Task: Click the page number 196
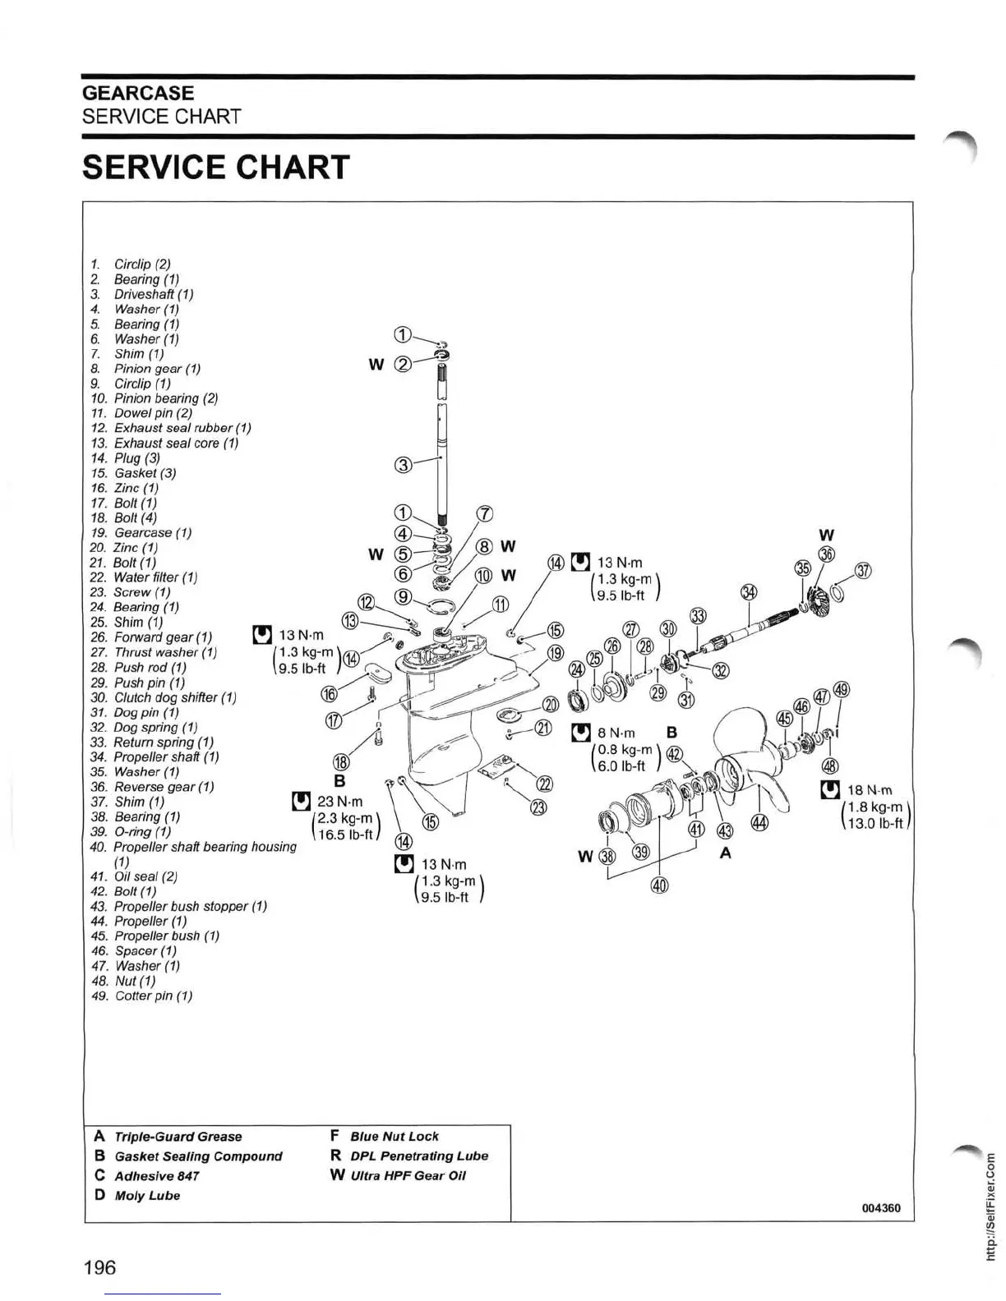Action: point(99,1267)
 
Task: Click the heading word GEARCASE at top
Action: point(138,93)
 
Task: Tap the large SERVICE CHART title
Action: point(216,168)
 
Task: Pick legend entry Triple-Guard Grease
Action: point(178,1137)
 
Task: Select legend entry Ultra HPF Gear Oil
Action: point(408,1175)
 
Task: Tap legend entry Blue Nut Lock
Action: point(394,1136)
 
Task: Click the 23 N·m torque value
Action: point(339,801)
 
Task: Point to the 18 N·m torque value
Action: point(870,790)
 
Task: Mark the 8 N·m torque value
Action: point(616,732)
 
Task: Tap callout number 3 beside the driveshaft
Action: point(403,465)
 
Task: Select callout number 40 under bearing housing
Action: point(659,885)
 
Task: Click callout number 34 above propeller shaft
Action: point(749,592)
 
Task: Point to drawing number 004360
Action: point(881,1207)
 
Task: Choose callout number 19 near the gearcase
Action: point(556,653)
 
